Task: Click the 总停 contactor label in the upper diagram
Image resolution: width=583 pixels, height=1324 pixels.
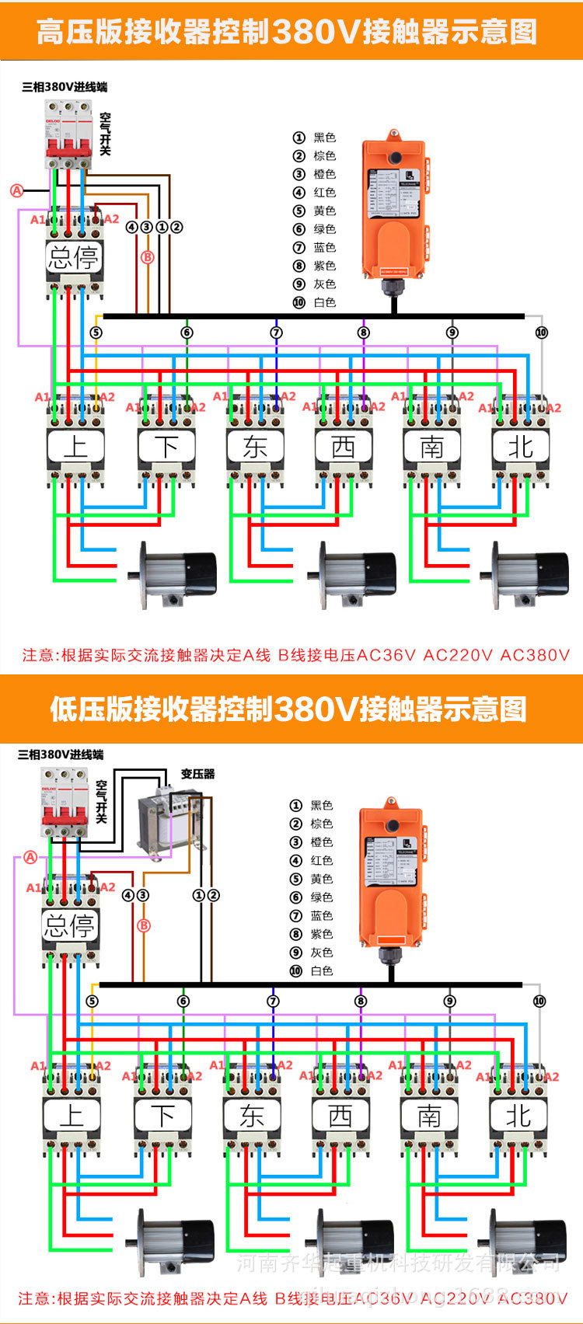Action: pyautogui.click(x=74, y=257)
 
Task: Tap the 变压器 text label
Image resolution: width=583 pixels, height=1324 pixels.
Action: pyautogui.click(x=197, y=774)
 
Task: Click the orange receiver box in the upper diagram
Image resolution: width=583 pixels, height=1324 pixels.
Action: pyautogui.click(x=394, y=210)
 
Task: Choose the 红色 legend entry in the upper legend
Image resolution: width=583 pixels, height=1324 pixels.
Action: pyautogui.click(x=315, y=193)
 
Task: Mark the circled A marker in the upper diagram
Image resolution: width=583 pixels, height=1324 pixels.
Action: pyautogui.click(x=17, y=190)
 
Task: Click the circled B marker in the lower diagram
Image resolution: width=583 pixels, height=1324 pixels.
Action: pyautogui.click(x=143, y=925)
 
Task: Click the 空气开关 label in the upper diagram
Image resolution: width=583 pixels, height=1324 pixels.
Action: pyautogui.click(x=105, y=134)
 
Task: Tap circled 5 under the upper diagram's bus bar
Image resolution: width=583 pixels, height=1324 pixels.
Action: pyautogui.click(x=96, y=333)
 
